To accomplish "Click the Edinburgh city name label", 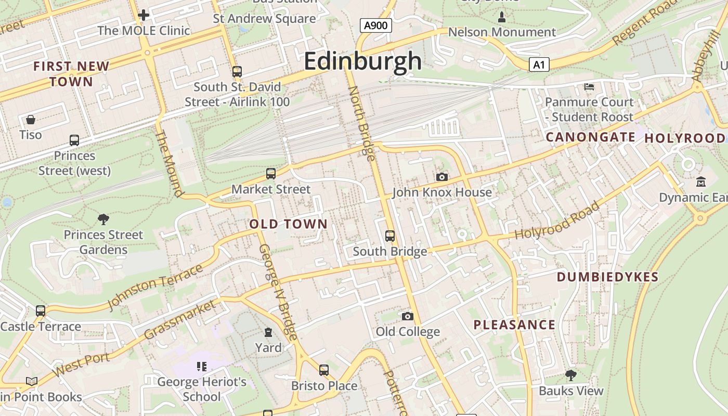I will coord(362,61).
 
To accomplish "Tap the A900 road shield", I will coord(375,25).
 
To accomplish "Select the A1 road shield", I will coord(539,64).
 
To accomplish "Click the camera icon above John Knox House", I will coord(441,177).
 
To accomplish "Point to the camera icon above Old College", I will coord(408,316).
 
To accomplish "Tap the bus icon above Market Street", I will coord(270,174).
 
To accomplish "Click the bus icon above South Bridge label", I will coord(390,236).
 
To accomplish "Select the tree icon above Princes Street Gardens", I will coord(103,219).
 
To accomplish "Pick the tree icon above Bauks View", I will coord(570,375).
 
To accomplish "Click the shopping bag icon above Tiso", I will coord(31,120).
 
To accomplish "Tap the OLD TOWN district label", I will coord(289,224).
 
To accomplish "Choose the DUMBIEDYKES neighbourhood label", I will coord(607,277).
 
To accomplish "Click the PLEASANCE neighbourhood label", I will coord(514,325).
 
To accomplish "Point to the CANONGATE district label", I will coord(590,137).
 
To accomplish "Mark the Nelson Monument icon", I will coord(502,17).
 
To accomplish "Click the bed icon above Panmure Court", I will coord(589,86).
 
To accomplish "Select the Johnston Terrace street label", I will coord(155,287).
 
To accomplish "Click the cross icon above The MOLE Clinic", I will coord(144,15).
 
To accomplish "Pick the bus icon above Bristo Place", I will coord(324,370).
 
